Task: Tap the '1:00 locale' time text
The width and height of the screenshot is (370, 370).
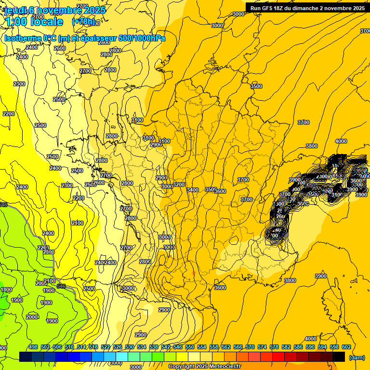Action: (34, 22)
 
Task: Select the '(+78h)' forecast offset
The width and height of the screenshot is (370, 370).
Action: (84, 22)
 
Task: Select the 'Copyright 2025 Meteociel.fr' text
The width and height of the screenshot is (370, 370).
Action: (205, 367)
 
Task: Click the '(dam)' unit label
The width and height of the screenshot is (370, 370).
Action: (357, 357)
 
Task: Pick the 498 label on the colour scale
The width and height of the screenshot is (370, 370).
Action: (33, 347)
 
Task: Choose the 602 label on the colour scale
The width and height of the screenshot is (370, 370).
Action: (346, 347)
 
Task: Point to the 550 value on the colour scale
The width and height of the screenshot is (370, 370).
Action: (190, 347)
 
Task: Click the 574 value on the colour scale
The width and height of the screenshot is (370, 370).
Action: (262, 347)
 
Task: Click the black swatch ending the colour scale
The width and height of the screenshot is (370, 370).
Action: (339, 357)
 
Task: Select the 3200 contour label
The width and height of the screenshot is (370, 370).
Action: (179, 185)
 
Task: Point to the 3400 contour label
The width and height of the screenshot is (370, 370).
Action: (193, 190)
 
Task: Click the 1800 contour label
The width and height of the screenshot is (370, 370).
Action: (6, 290)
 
